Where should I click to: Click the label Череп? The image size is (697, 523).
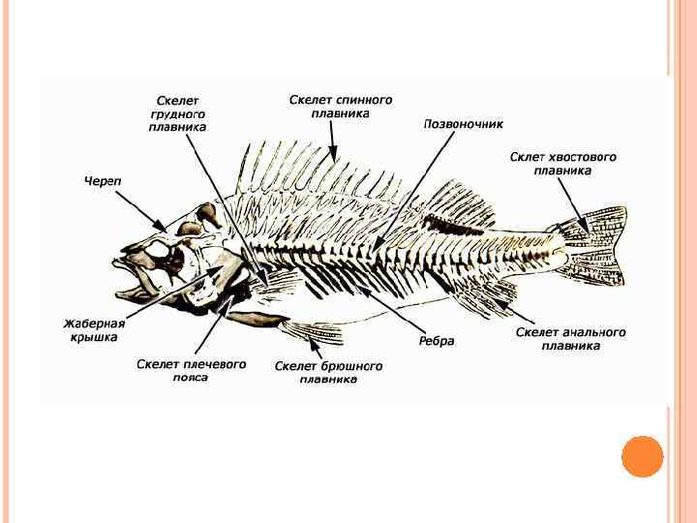[102, 180]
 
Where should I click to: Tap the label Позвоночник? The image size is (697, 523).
[464, 124]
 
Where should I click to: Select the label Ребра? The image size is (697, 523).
[437, 341]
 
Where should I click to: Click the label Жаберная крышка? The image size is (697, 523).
[94, 330]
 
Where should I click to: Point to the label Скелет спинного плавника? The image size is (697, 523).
[341, 106]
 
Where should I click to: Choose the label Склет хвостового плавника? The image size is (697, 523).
[562, 163]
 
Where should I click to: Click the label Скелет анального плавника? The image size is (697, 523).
[570, 338]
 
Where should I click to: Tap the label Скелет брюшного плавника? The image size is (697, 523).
[328, 373]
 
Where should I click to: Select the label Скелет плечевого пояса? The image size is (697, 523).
[191, 370]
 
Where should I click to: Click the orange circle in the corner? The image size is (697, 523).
[642, 456]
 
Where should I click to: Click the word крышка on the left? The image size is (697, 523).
[94, 337]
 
